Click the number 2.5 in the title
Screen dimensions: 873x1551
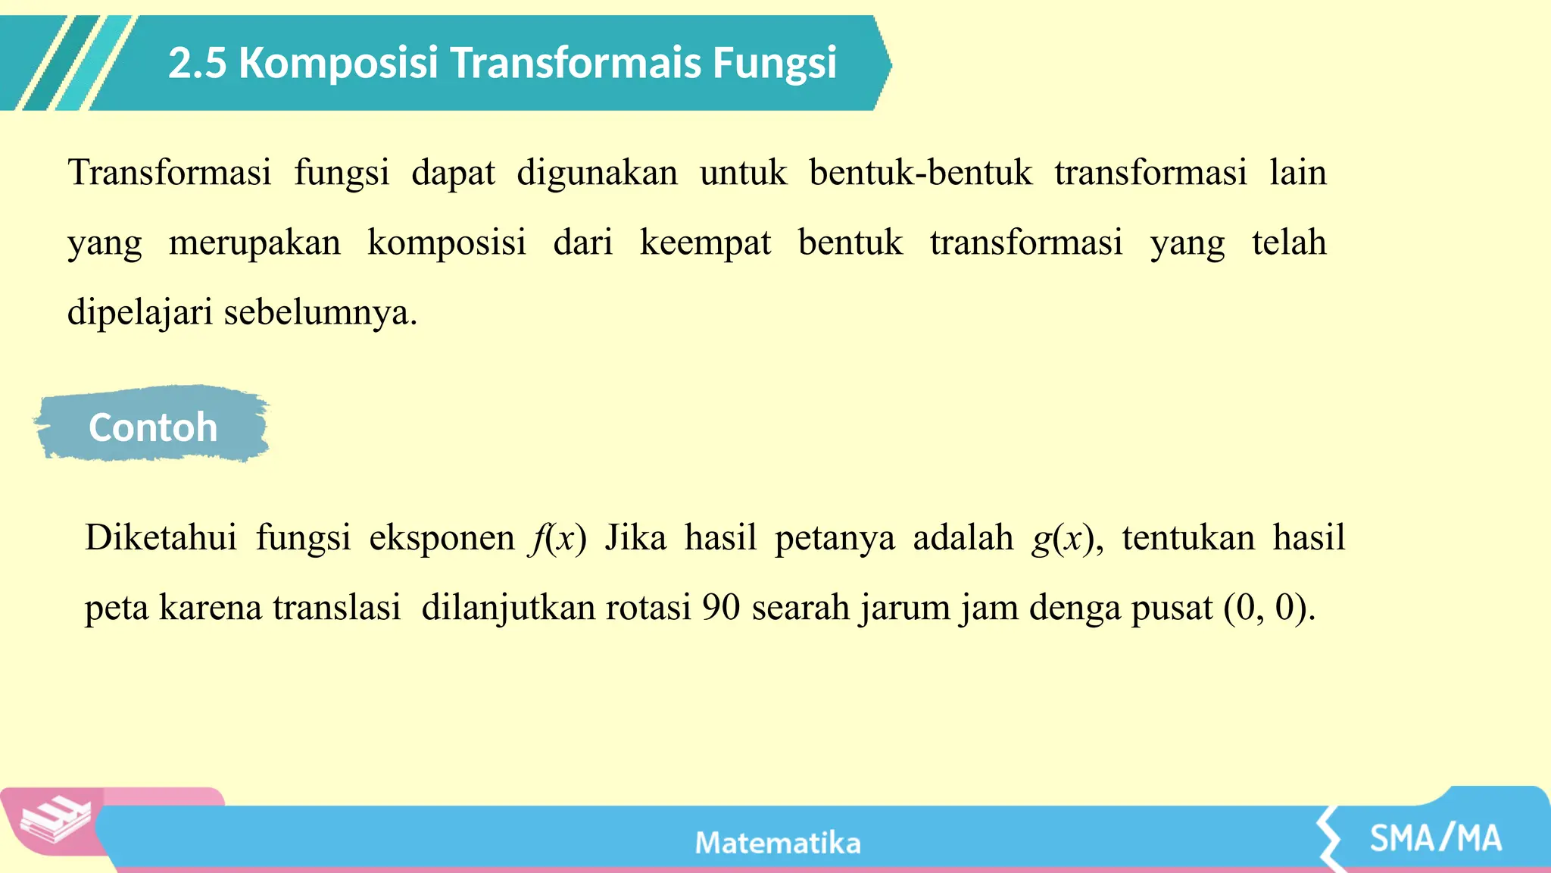tap(197, 63)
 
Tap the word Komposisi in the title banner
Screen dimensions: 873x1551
tap(338, 63)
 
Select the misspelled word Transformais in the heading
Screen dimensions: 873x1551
tap(576, 63)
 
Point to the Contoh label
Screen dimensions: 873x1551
tap(153, 427)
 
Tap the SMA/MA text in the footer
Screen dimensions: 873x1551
tap(1435, 839)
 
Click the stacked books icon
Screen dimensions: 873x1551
tap(55, 820)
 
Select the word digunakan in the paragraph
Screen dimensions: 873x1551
tap(597, 173)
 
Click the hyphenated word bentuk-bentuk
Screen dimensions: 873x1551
tap(920, 173)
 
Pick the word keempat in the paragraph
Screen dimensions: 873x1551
tap(705, 243)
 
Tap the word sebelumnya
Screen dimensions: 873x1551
tap(320, 312)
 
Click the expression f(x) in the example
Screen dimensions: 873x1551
tap(559, 538)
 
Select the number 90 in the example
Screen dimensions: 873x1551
tap(720, 608)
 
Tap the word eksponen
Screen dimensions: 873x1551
tap(442, 538)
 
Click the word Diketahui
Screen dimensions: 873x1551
tap(161, 538)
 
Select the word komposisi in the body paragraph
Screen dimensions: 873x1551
tap(446, 243)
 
